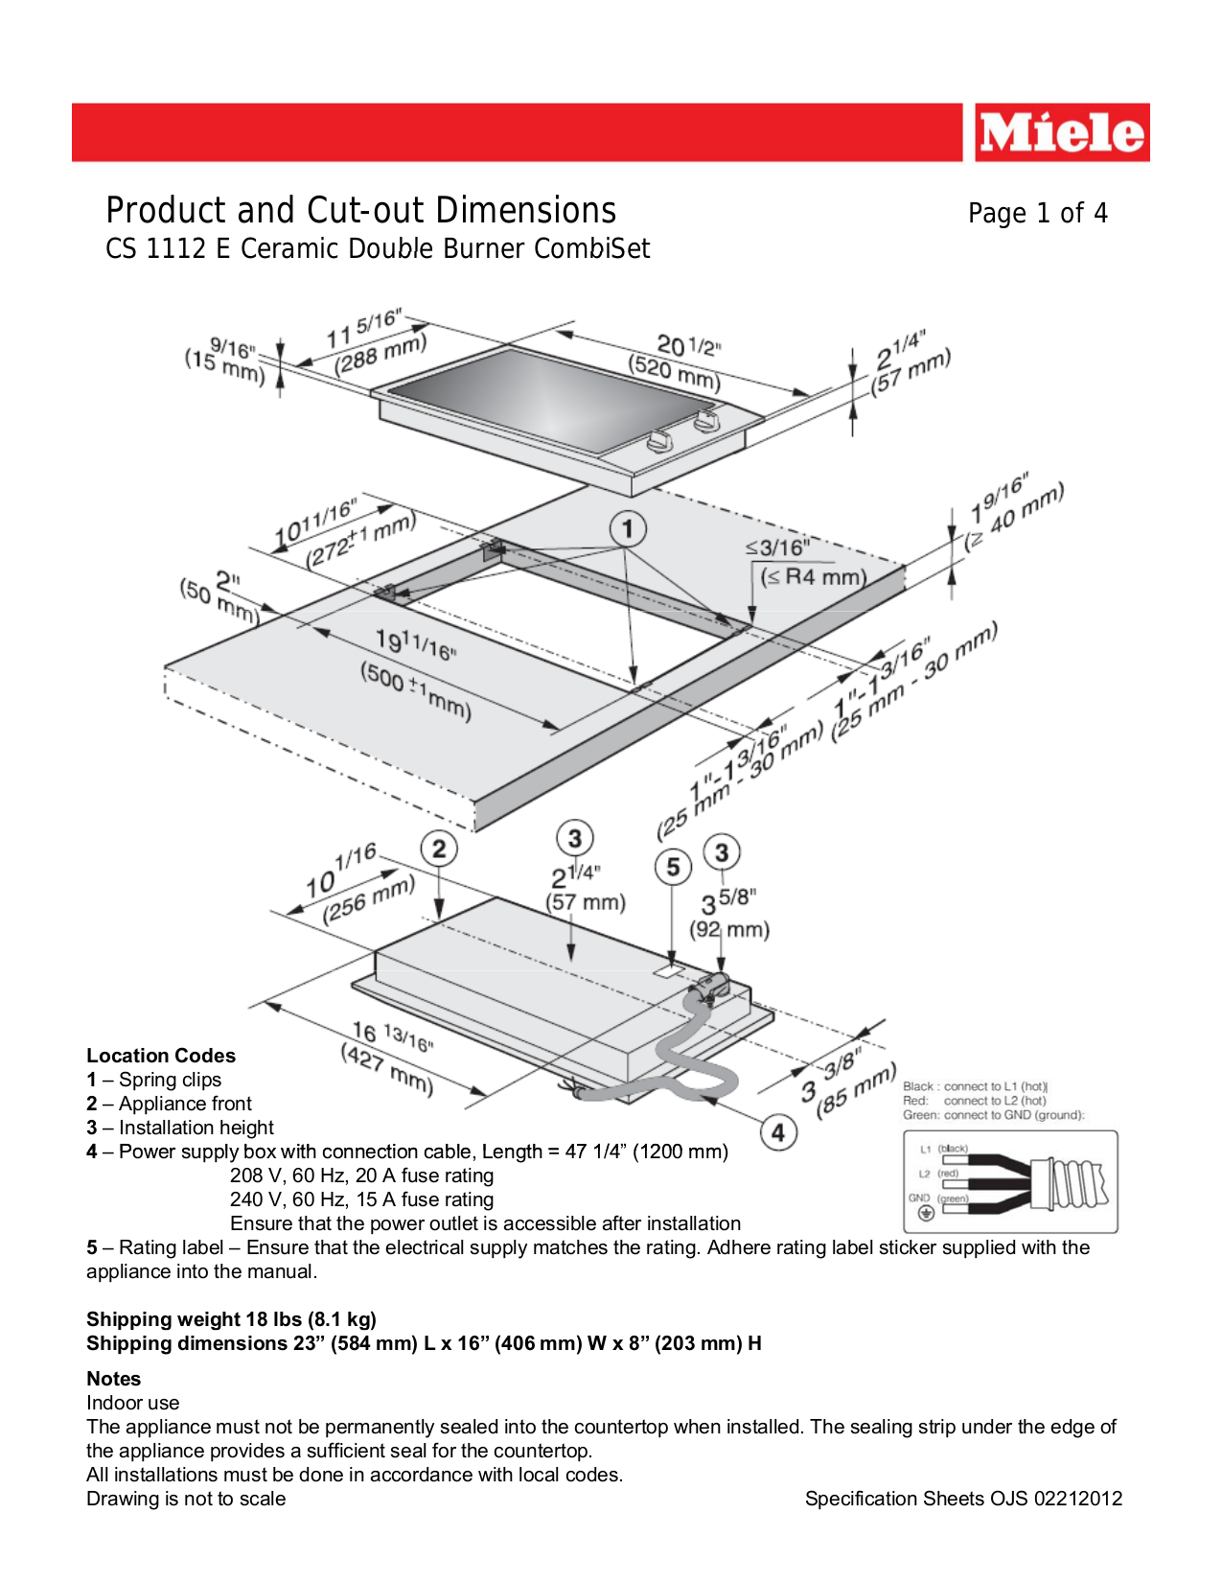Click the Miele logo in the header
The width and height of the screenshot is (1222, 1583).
(x=1061, y=132)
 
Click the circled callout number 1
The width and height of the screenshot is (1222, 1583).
(x=628, y=528)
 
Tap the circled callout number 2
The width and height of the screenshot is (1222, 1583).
(x=439, y=849)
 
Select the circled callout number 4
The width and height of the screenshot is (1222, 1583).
(x=778, y=1132)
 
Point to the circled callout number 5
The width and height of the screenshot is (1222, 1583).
(x=673, y=867)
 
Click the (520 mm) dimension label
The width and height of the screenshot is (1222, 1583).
(x=674, y=373)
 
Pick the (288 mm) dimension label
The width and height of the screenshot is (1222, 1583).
(x=380, y=354)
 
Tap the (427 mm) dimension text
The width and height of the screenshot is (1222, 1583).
(x=387, y=1069)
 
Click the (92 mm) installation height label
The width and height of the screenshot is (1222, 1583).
(x=729, y=929)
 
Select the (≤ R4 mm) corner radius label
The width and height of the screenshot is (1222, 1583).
(x=813, y=577)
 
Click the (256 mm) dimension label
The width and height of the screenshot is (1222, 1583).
(x=368, y=899)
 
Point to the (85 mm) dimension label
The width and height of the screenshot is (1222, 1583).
(x=856, y=1090)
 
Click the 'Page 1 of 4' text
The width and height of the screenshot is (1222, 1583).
(x=1037, y=213)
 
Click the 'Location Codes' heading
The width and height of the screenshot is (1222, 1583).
(x=161, y=1056)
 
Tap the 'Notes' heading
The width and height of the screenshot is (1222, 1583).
(x=113, y=1379)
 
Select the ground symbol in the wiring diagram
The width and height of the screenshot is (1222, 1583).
(x=926, y=1214)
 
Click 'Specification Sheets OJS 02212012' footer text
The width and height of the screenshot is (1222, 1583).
(x=962, y=1499)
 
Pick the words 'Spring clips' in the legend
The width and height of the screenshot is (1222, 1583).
(x=170, y=1080)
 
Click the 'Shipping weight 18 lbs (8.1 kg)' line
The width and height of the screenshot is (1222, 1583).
(x=231, y=1319)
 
